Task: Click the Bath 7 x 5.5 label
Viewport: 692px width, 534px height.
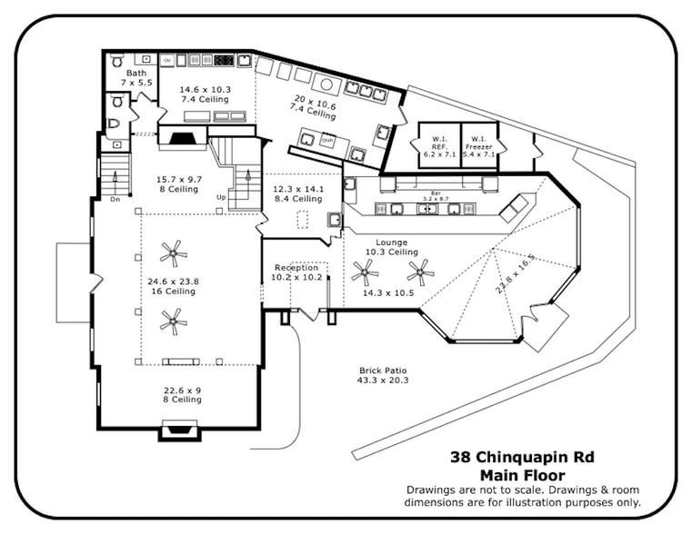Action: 136,77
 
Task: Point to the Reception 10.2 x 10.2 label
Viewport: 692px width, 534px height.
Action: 296,272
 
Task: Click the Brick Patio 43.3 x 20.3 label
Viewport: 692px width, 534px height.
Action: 383,375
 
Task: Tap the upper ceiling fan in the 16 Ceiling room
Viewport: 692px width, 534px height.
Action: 172,252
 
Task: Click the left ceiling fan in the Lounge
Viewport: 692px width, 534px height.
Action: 366,270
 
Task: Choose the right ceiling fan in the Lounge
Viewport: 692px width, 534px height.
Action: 420,270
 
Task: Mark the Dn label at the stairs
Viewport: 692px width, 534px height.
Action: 115,199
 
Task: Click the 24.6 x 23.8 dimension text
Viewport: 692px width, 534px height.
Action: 172,282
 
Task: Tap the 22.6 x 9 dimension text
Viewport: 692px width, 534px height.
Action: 181,390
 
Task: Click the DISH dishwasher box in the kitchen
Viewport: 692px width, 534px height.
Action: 328,141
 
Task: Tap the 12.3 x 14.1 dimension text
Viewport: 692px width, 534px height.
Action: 297,189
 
